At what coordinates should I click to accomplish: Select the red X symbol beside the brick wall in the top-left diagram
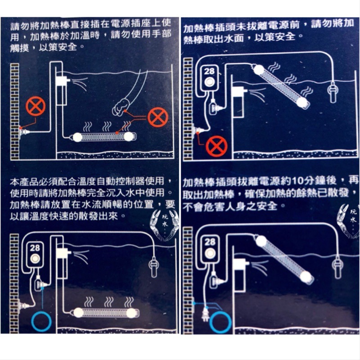pos(36,106)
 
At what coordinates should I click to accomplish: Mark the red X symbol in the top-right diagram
pos(216,146)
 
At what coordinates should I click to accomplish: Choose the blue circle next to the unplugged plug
pos(220,321)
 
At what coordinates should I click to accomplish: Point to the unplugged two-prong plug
pos(205,315)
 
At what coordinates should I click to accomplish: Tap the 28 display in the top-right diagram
pos(209,72)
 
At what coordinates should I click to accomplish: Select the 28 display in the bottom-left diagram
pos(35,248)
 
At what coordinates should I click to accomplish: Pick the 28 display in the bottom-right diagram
pos(210,242)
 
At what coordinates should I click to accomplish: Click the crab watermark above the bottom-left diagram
pos(164,225)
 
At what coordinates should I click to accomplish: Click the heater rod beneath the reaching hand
pos(103,137)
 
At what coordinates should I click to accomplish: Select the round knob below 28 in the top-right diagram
pos(209,82)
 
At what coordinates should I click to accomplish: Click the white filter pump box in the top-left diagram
pos(61,81)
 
